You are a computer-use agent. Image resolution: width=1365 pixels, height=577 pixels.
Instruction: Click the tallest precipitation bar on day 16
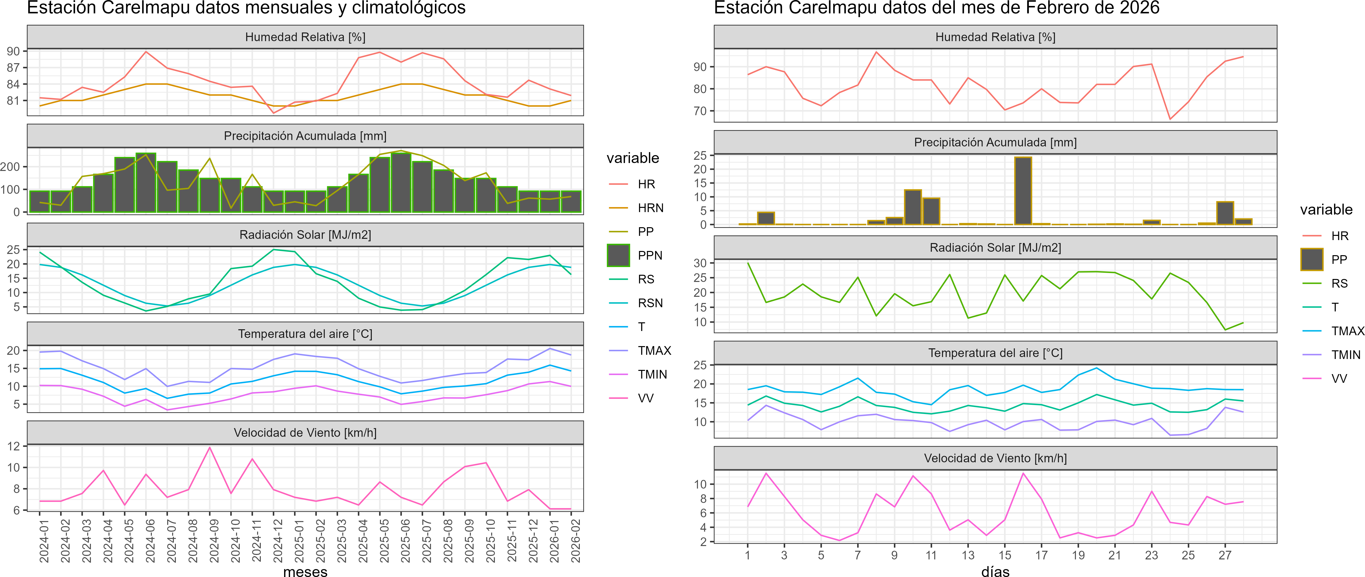(1023, 191)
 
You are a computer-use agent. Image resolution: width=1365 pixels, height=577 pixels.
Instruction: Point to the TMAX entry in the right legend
(1347, 331)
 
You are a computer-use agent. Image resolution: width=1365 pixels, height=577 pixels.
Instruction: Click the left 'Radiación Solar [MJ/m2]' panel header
(305, 235)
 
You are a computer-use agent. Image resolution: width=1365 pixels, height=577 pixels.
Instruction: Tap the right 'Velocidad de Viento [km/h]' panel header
(995, 458)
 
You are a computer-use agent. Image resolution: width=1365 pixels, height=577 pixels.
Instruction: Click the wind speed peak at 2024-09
(210, 448)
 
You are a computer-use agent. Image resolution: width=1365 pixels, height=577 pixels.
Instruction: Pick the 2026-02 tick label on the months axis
(575, 540)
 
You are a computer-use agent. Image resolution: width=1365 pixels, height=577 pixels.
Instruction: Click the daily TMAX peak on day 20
(1096, 368)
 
